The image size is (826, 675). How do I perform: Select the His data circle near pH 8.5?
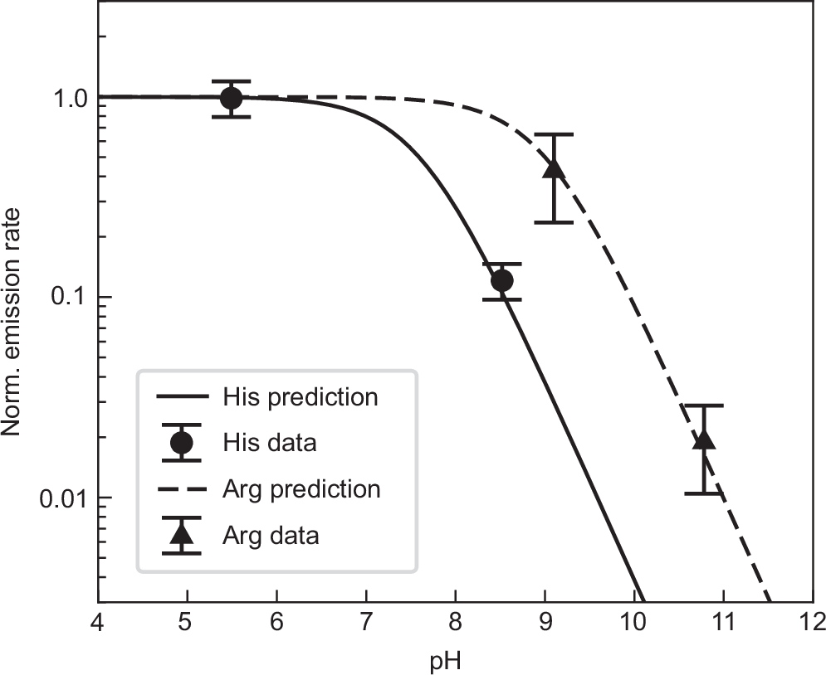(x=501, y=280)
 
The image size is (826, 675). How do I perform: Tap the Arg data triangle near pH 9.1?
(x=554, y=168)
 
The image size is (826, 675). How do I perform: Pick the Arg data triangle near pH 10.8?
(x=704, y=437)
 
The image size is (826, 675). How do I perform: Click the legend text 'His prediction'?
(x=300, y=397)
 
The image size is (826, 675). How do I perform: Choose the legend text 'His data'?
(x=269, y=443)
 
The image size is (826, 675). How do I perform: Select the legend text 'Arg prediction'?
(x=301, y=488)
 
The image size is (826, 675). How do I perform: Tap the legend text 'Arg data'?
(x=271, y=535)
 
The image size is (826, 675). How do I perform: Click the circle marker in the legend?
(x=181, y=443)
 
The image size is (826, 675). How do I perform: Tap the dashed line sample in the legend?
(x=181, y=488)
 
